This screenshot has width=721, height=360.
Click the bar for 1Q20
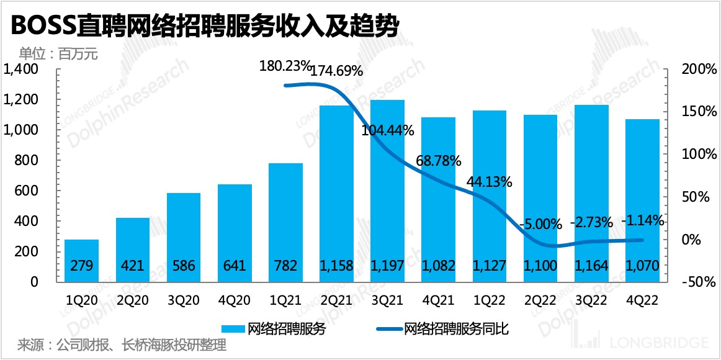[82, 261]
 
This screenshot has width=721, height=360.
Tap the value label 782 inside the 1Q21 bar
[286, 266]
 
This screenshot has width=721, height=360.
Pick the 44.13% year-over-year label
[490, 182]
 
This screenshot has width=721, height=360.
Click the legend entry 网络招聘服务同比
[456, 328]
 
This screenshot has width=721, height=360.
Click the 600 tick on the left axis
[27, 191]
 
